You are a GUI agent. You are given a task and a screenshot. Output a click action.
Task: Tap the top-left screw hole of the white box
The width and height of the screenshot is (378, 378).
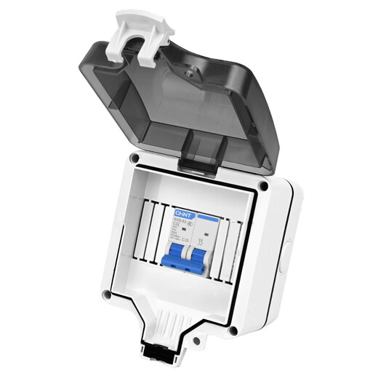pos(133,158)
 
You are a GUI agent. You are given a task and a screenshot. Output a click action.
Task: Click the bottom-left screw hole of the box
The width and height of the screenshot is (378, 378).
pos(106,295)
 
